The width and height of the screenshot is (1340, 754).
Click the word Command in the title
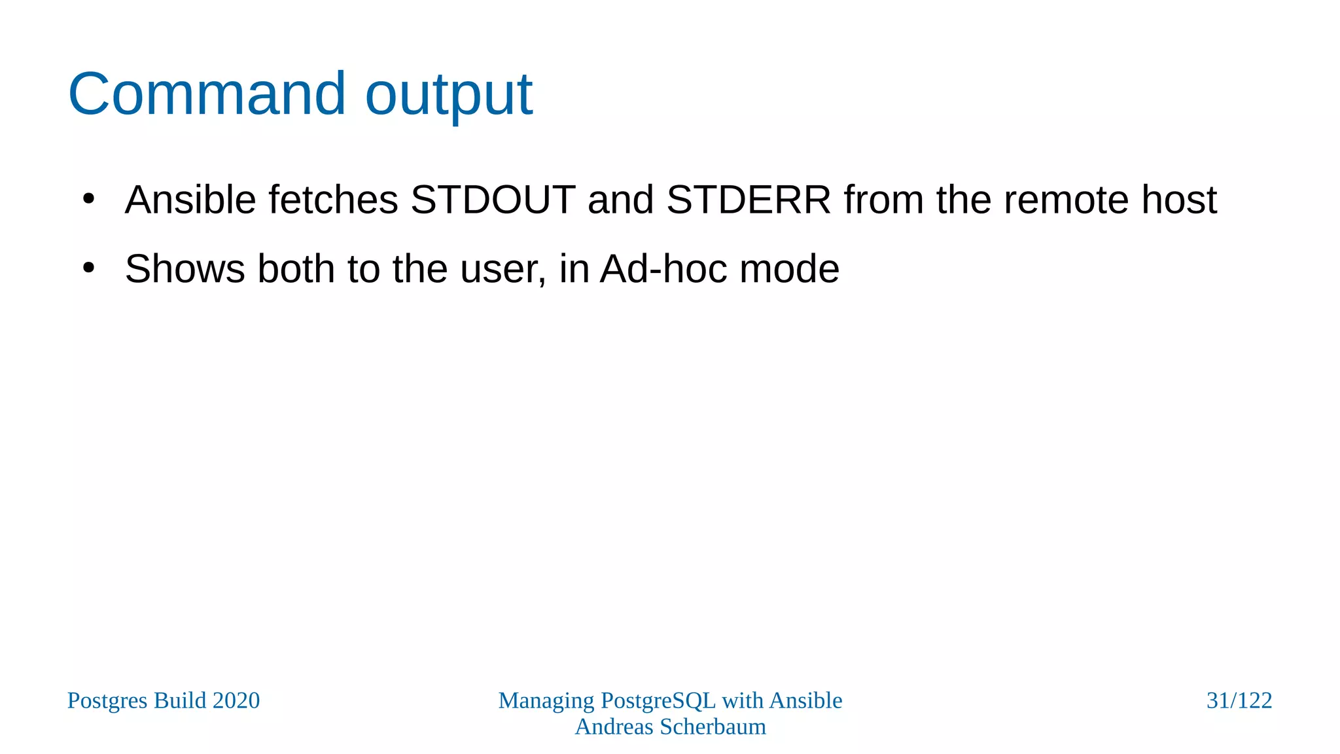(x=206, y=94)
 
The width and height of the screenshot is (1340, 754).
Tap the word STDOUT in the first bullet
(x=493, y=200)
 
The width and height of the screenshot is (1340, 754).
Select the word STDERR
(x=749, y=200)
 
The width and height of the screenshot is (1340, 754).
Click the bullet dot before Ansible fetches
(x=89, y=198)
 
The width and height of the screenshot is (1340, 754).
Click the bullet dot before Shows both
(x=89, y=268)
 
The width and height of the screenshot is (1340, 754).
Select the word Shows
(x=185, y=269)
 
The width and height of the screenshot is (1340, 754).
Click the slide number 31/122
(x=1239, y=700)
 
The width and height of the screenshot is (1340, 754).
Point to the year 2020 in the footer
(x=236, y=700)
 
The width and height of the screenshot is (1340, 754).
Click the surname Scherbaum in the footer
(x=713, y=727)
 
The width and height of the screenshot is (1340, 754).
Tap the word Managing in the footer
(x=546, y=701)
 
